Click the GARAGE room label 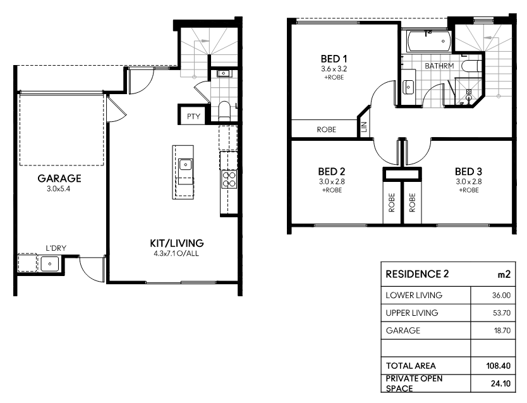click(x=59, y=178)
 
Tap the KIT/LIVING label click(x=177, y=243)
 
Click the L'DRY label click(x=56, y=248)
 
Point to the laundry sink click(x=50, y=263)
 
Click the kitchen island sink click(x=185, y=165)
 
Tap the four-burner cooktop click(x=229, y=179)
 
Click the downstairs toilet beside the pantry click(x=224, y=110)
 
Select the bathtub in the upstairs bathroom click(x=429, y=41)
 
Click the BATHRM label click(x=439, y=66)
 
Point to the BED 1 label click(x=334, y=59)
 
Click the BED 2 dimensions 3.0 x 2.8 click(x=332, y=182)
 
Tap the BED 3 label click(x=468, y=172)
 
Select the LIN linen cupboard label click(x=364, y=126)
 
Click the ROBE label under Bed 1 click(x=326, y=129)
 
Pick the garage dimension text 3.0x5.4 click(x=59, y=189)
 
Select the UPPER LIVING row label click(x=412, y=313)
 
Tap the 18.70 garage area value click(x=502, y=331)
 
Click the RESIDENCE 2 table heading click(x=417, y=274)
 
